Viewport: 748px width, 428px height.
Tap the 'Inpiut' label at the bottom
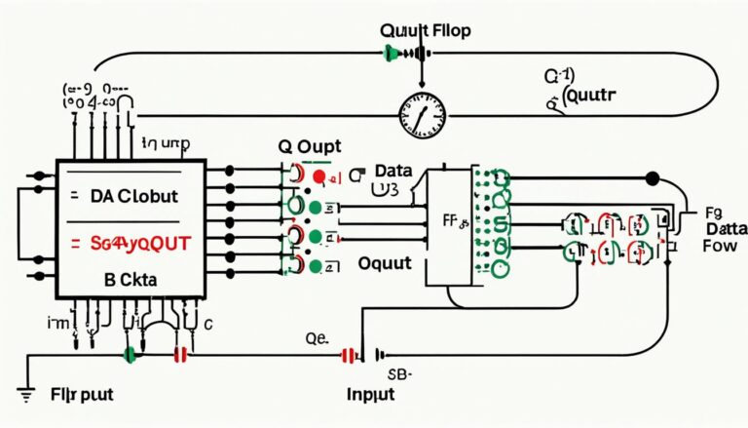click(370, 394)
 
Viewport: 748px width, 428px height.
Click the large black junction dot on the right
click(653, 178)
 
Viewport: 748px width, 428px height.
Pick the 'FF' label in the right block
click(453, 221)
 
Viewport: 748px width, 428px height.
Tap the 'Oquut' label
click(385, 263)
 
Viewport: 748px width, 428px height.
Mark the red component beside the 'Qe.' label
click(347, 356)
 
